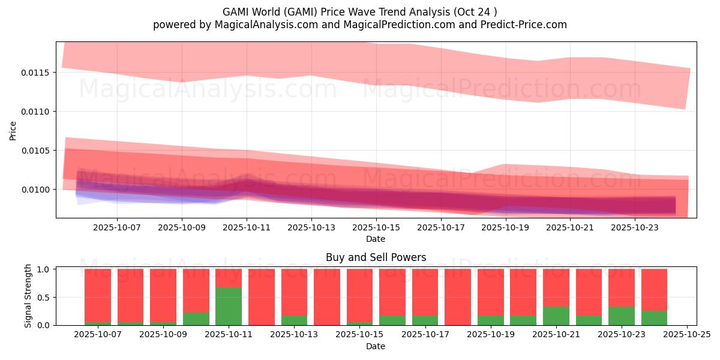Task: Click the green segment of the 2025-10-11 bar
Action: point(229,306)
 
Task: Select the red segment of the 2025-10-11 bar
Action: point(229,278)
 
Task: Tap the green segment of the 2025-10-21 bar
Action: point(556,316)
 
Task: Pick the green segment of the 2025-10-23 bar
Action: point(622,316)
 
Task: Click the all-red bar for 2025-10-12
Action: point(262,297)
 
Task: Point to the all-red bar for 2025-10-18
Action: point(458,297)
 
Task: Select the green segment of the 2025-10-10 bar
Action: point(196,319)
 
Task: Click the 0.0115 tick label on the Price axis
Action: point(35,73)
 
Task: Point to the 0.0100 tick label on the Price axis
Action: point(35,190)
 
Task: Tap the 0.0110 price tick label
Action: point(35,112)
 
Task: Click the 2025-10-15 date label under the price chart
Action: point(376,227)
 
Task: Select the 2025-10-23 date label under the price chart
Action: point(635,227)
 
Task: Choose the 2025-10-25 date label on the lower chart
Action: point(687,335)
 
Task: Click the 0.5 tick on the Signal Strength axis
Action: point(43,298)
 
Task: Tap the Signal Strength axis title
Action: point(28,296)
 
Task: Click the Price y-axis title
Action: point(13,131)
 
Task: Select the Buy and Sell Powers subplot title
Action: point(376,257)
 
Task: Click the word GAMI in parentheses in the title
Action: point(301,12)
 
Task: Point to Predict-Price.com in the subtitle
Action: point(524,25)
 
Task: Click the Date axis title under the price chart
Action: point(376,239)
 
